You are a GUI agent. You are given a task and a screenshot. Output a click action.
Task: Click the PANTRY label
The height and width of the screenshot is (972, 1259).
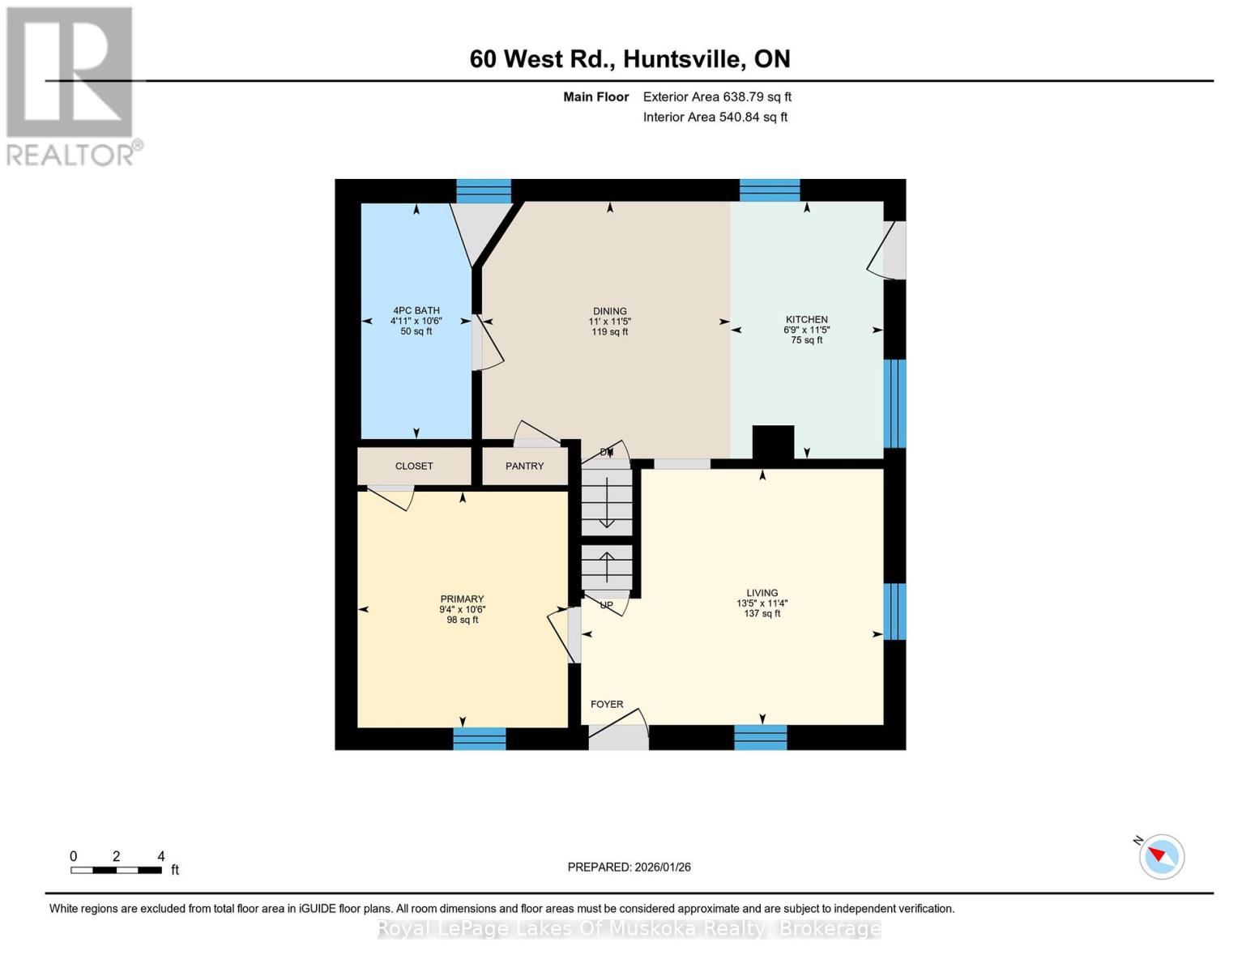[524, 466]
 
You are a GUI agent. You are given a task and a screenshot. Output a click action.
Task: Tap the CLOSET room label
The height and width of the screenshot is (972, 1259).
[414, 466]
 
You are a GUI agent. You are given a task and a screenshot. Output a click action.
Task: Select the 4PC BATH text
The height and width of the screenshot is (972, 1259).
[416, 310]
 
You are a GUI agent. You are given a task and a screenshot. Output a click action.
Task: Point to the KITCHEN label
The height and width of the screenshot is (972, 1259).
[806, 319]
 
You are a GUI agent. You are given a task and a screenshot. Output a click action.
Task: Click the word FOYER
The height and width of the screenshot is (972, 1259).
[607, 704]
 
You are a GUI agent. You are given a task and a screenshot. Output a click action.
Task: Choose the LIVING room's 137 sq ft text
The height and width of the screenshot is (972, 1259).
[762, 614]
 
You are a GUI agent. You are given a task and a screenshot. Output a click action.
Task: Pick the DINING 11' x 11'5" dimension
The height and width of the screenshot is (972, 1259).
[609, 322]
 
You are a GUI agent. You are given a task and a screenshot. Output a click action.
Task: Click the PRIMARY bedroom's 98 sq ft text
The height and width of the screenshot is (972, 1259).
[462, 620]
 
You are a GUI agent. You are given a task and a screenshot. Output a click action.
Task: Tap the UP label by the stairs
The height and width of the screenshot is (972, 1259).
[606, 605]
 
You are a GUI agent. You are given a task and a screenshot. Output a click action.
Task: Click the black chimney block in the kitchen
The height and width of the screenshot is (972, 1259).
[773, 442]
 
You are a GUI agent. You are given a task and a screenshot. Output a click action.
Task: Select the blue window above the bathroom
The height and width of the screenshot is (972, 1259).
[484, 191]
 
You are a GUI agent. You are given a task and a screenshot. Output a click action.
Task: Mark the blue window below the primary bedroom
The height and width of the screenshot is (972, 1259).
[479, 738]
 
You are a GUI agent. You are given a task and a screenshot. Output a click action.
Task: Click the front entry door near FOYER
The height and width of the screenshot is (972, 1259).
[618, 736]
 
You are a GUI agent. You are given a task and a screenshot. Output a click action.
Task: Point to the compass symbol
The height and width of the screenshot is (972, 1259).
[1161, 856]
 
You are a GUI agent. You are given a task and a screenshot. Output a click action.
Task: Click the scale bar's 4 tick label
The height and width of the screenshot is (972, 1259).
[161, 856]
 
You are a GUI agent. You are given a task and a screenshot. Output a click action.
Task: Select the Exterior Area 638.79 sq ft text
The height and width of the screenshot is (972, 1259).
[717, 96]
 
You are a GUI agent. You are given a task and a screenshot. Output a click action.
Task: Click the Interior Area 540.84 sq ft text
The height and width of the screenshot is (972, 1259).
[715, 117]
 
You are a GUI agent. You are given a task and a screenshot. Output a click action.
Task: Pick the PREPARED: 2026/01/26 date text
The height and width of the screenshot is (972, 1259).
[629, 867]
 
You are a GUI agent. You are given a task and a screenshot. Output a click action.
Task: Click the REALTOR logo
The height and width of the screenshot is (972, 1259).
[72, 85]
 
